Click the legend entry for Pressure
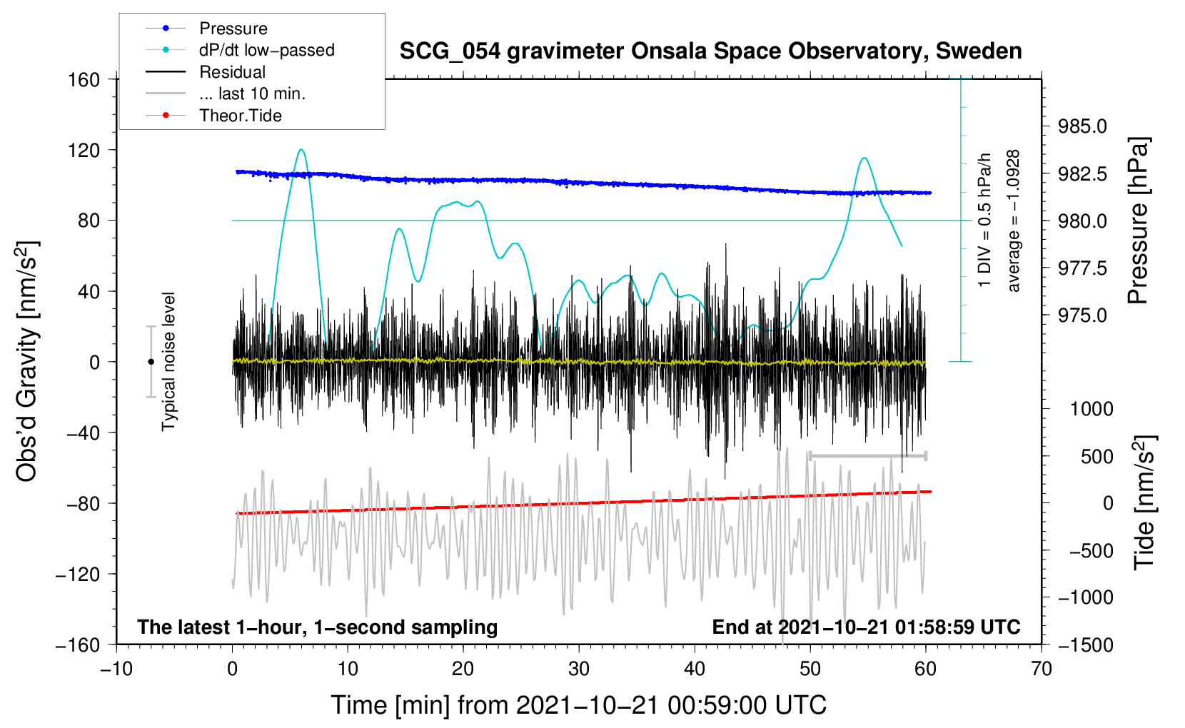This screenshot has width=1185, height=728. point(206,28)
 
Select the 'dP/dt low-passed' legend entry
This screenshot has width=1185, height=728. point(240,50)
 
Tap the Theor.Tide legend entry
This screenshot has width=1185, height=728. point(213,116)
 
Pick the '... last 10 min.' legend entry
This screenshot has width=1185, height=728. point(226,93)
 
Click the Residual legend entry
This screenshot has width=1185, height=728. point(206,72)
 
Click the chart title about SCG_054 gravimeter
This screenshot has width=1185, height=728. point(710,51)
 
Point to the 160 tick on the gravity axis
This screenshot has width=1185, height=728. point(84,80)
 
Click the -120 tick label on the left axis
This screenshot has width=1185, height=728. point(78,574)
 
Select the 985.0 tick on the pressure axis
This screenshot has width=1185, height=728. point(1082,126)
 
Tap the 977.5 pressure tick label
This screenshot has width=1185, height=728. point(1082,268)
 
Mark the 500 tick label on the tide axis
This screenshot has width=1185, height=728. point(1097,457)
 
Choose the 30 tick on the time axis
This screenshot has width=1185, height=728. point(579,669)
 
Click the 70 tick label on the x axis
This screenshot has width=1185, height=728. point(1042,669)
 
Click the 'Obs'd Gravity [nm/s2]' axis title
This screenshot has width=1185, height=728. point(26,361)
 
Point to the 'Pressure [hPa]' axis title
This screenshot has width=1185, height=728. point(1138,221)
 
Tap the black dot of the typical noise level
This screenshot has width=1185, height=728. point(151,362)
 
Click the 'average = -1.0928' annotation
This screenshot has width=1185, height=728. point(1013,221)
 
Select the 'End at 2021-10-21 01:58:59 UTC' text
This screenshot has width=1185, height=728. point(866,627)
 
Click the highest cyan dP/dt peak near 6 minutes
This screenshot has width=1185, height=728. point(301,150)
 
